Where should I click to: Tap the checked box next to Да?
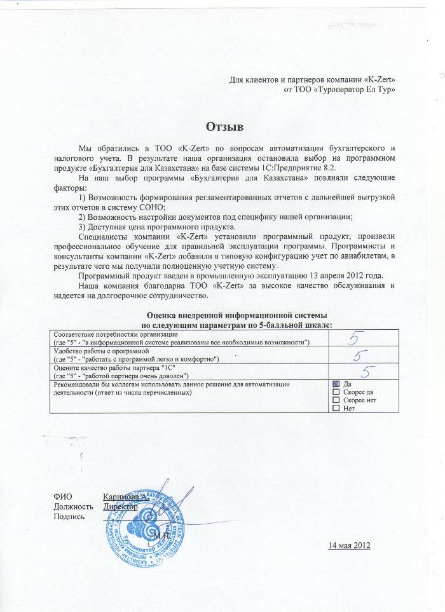point(336,384)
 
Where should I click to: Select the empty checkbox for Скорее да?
point(336,392)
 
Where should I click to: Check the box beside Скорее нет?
point(336,400)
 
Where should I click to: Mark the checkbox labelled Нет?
point(336,408)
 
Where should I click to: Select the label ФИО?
point(64,497)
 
